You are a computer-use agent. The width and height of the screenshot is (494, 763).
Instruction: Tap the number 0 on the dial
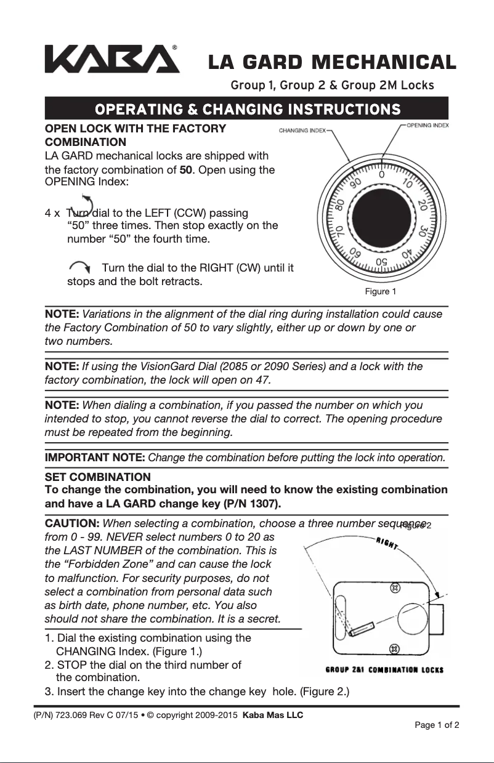(382, 175)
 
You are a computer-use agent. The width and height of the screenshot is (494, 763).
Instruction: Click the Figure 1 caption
(381, 291)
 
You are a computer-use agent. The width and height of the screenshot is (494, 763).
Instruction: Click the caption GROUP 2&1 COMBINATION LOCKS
(384, 669)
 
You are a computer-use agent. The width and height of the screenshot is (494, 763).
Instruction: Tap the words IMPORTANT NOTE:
(95, 458)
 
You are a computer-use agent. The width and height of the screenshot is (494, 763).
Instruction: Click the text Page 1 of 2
(437, 725)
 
